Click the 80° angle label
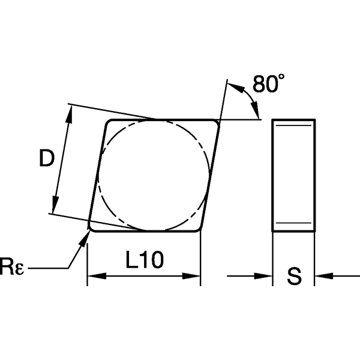264,84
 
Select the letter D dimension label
46,158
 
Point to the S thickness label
294,277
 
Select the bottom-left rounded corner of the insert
92,227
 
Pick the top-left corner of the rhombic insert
110,123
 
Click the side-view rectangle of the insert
293,175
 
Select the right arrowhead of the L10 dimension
193,277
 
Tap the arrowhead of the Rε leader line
85,236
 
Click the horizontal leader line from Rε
48,268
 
